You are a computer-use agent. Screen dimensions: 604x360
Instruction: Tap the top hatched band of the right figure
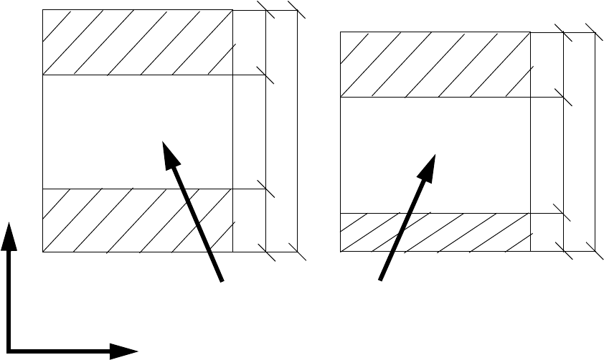434,65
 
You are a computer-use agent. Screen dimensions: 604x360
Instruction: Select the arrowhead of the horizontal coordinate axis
128,351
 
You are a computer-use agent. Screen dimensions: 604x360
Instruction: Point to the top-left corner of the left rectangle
43,10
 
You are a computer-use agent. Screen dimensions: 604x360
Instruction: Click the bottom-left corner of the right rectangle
339,252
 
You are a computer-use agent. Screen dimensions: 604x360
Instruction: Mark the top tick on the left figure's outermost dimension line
297,10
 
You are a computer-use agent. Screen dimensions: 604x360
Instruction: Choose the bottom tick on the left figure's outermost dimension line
297,252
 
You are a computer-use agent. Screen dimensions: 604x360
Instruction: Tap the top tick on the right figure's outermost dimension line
595,32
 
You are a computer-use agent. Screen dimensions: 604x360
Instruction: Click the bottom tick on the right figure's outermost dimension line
595,252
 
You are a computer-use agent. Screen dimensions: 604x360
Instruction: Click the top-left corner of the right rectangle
339,32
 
